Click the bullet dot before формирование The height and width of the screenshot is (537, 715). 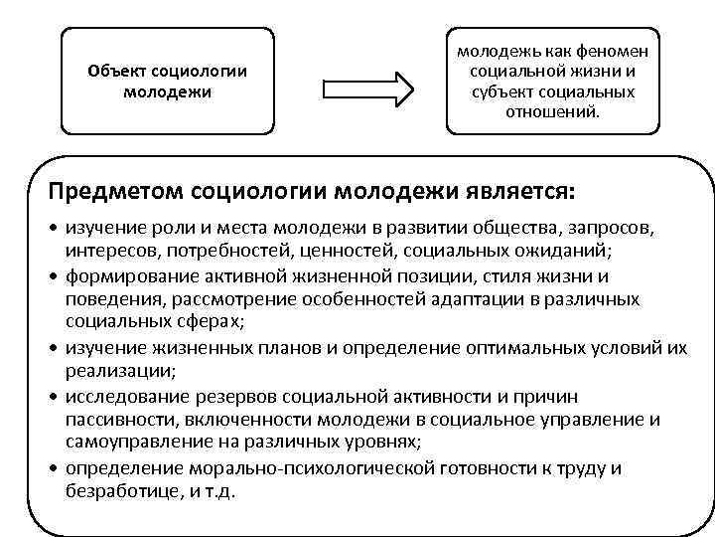[54, 275]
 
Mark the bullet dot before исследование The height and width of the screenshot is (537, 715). [54, 396]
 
